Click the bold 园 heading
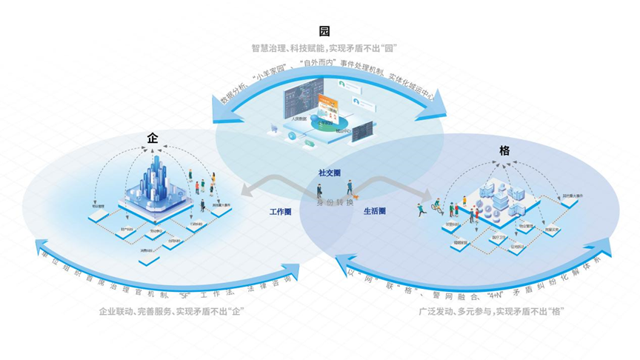coord(324,31)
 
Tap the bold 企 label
coord(153,139)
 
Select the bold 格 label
coord(504,150)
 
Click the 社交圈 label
coord(329,173)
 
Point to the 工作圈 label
coord(280,211)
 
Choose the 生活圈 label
coord(374,211)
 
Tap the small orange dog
coord(356,196)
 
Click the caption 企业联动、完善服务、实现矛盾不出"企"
coord(171,311)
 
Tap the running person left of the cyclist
coord(420,207)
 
